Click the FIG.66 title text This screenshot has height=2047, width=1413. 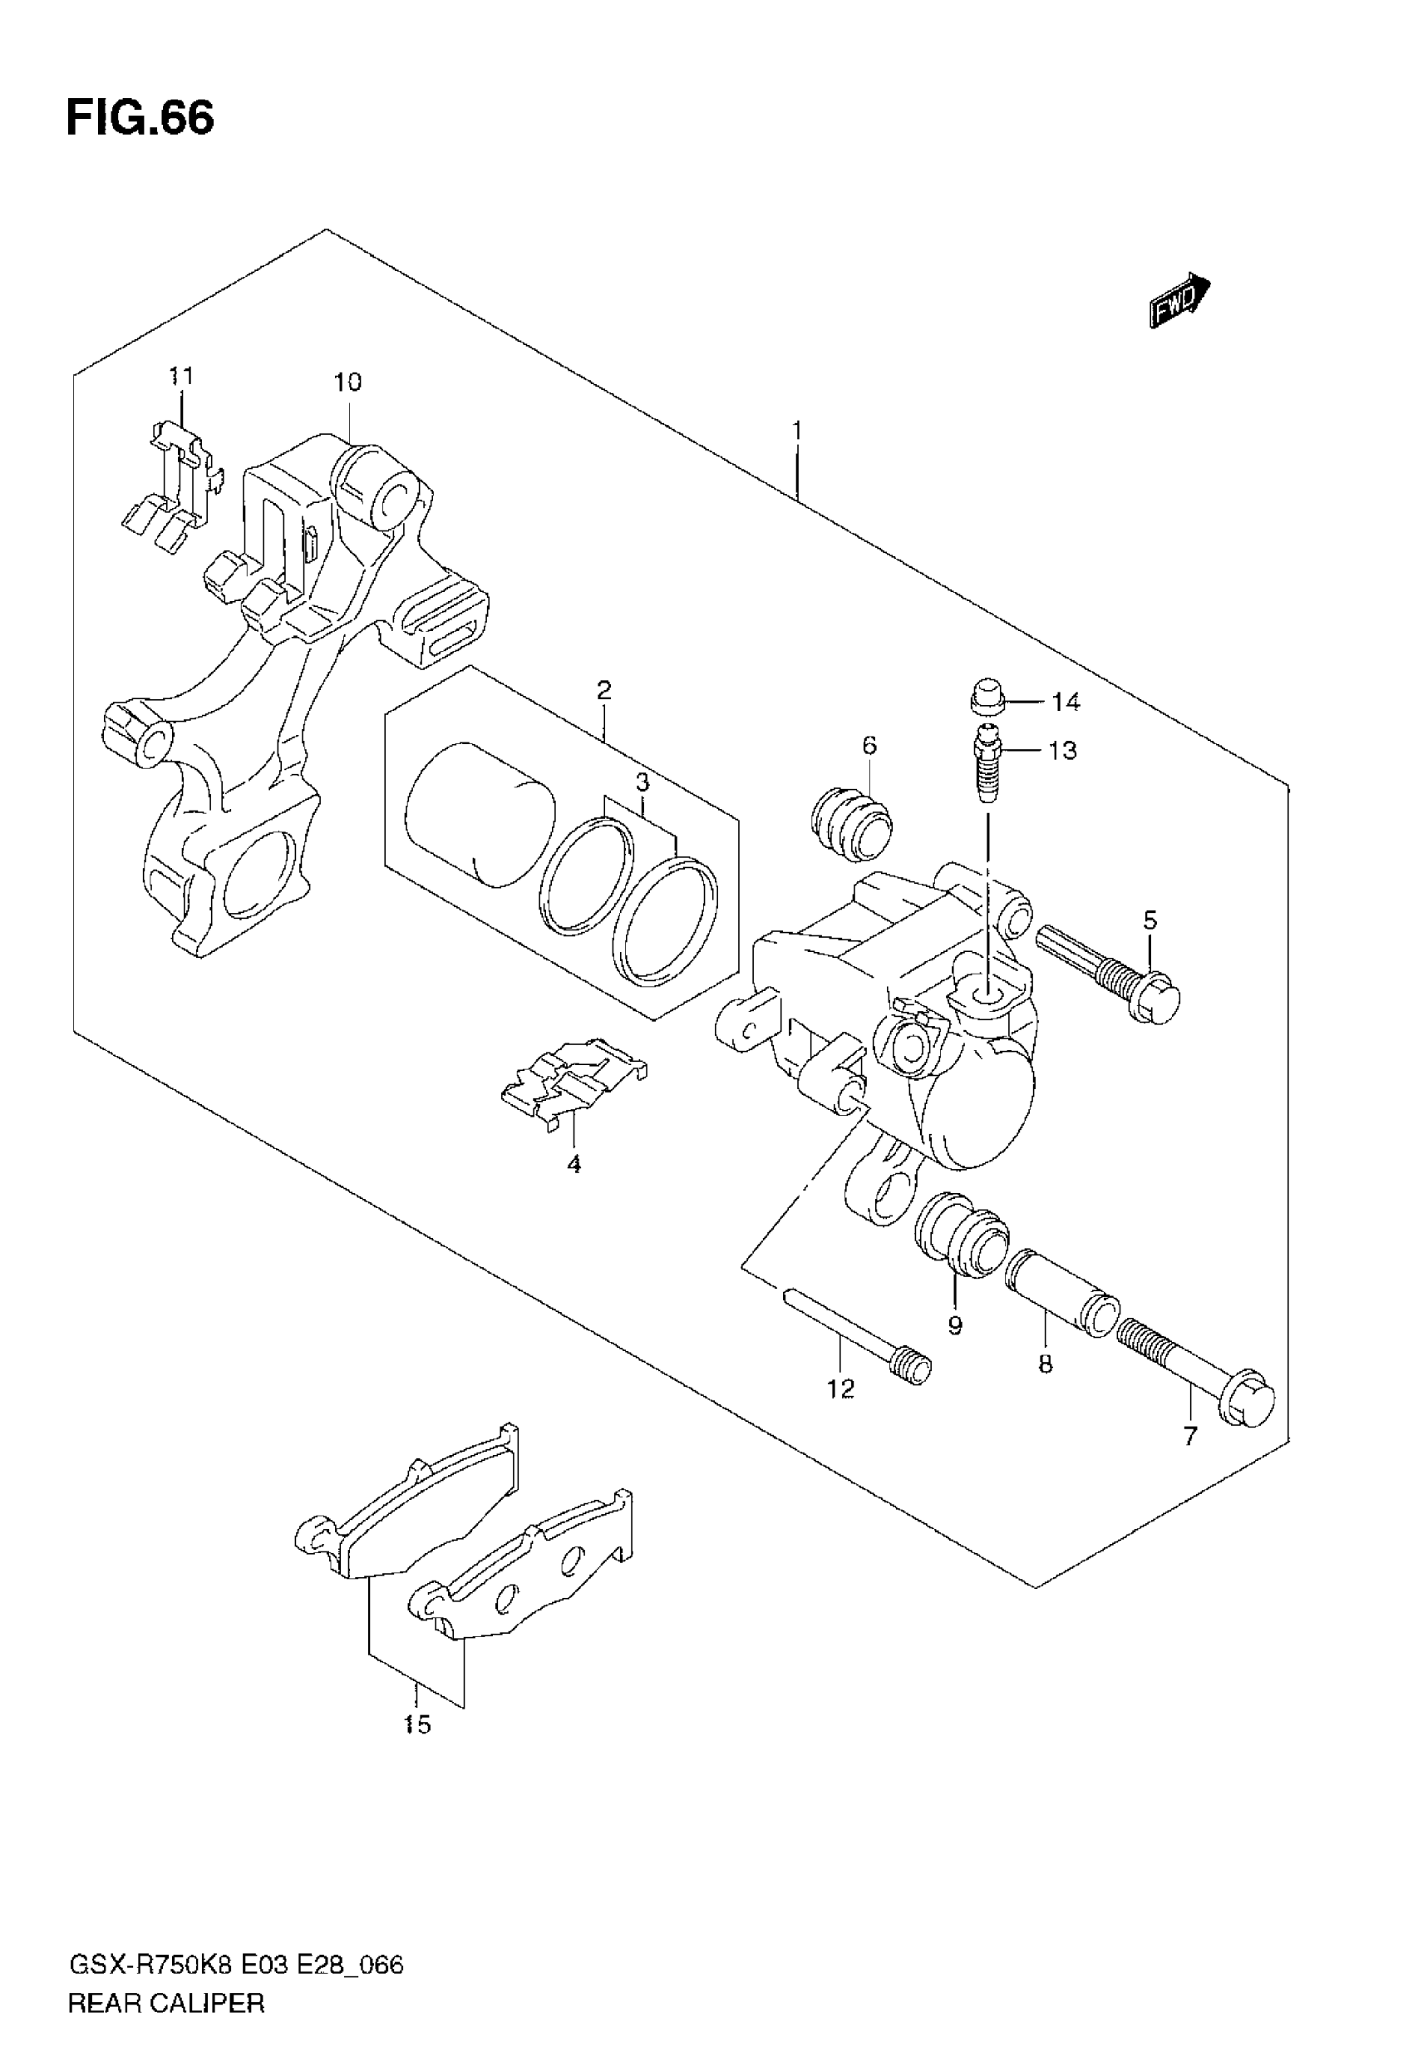(x=140, y=119)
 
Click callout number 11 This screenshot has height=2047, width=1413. (x=180, y=377)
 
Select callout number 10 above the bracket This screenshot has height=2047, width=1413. (x=348, y=382)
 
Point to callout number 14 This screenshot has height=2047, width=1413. (x=1066, y=702)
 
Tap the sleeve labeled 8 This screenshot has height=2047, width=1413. (x=1062, y=1294)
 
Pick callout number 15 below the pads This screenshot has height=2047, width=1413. (x=417, y=1724)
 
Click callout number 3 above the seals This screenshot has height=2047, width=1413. (x=642, y=782)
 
